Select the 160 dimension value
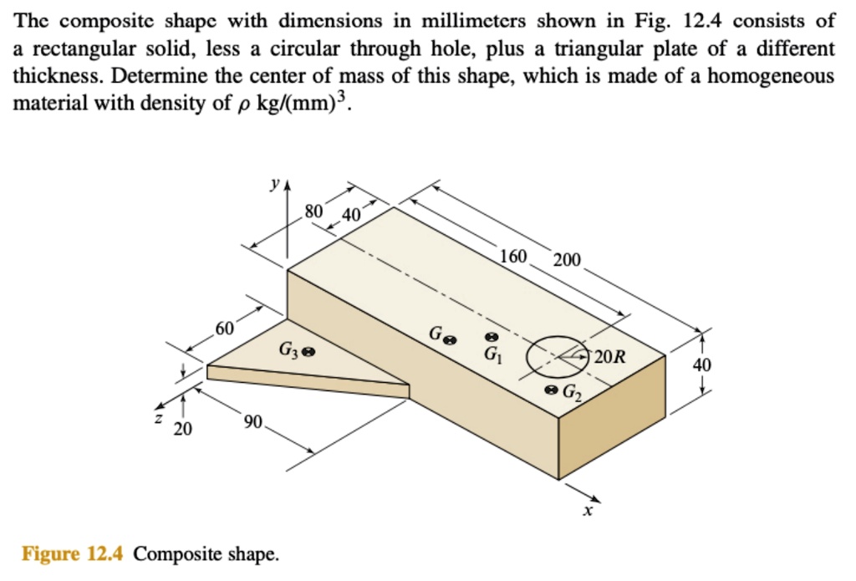pyautogui.click(x=512, y=255)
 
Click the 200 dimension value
pyautogui.click(x=566, y=260)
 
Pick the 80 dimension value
pyautogui.click(x=313, y=211)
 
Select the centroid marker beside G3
pyautogui.click(x=308, y=352)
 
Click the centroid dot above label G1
pyautogui.click(x=492, y=336)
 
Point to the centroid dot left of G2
pyautogui.click(x=549, y=390)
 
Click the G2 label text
pyautogui.click(x=570, y=391)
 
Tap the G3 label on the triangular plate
pyautogui.click(x=289, y=351)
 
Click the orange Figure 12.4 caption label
pyautogui.click(x=74, y=553)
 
